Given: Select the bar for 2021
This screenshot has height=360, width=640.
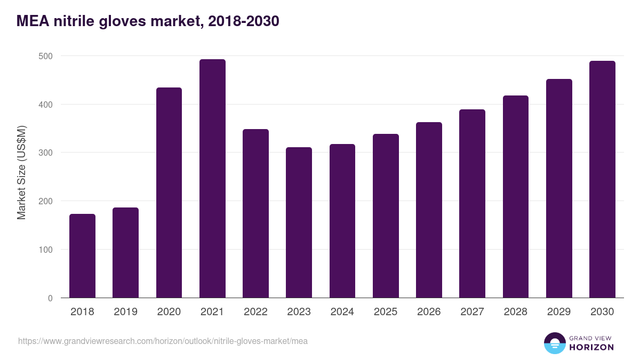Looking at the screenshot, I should tap(212, 179).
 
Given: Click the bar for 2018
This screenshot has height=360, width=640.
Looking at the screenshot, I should tap(82, 256).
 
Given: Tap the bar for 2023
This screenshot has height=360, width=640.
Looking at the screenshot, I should tap(299, 222).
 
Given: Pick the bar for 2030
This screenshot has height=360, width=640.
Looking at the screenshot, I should tap(602, 179).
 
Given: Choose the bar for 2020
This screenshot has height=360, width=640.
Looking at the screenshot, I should tap(169, 193).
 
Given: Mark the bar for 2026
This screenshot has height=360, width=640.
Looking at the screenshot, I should tap(429, 210).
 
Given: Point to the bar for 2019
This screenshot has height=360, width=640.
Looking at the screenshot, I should tap(125, 253).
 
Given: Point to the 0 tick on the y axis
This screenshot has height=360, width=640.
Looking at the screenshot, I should tap(50, 298).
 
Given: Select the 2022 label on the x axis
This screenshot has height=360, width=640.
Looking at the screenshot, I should tap(255, 312).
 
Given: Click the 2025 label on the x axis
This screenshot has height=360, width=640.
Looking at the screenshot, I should tap(386, 312).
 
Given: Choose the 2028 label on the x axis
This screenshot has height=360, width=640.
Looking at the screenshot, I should tap(516, 312).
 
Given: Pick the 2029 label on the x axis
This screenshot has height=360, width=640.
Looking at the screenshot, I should tap(559, 312).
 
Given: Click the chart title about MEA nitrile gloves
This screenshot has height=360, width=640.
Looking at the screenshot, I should tap(148, 21).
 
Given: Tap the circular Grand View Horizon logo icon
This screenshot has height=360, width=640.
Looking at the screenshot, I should tap(555, 343).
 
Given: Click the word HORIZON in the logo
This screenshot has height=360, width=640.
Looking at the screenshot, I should tap(591, 347).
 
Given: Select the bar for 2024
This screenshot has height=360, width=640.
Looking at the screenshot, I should tap(342, 221).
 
